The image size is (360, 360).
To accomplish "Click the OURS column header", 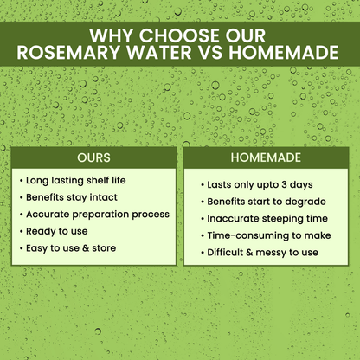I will pyautogui.click(x=93, y=159).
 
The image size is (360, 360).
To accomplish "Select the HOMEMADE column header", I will pyautogui.click(x=267, y=159).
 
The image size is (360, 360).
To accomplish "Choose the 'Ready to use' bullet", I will pyautogui.click(x=57, y=231).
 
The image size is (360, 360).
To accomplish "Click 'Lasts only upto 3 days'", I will pyautogui.click(x=260, y=185).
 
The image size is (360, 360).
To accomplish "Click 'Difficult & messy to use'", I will pyautogui.click(x=263, y=253).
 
